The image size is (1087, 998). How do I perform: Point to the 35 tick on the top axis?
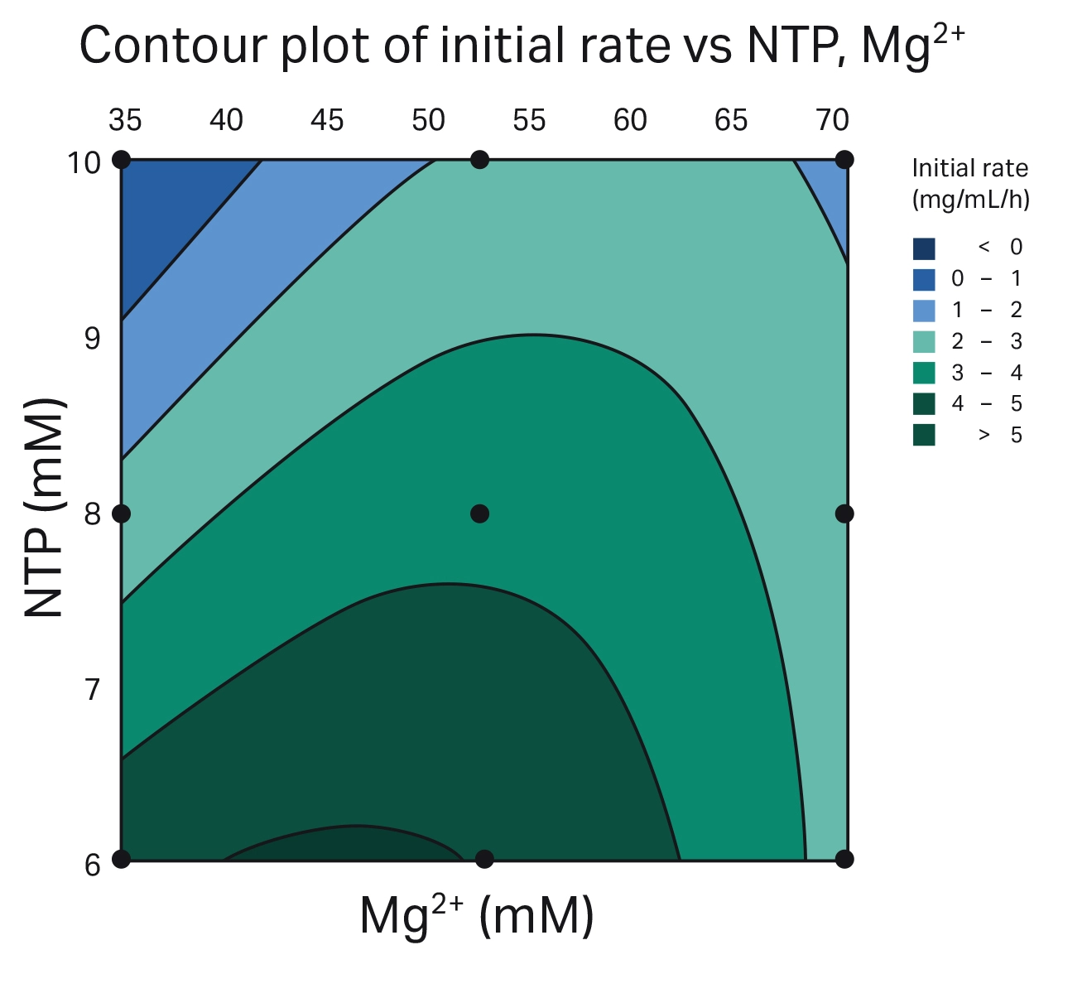[x=125, y=121]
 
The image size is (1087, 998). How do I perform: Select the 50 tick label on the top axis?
[x=428, y=121]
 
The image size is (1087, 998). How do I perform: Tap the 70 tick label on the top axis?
[x=832, y=121]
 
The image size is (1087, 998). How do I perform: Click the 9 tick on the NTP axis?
[x=92, y=339]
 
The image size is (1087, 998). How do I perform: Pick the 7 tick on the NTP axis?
[x=92, y=689]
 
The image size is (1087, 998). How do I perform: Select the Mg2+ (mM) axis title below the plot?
[x=477, y=917]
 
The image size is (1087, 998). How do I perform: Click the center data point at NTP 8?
[x=479, y=513]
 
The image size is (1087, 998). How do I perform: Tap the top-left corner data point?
[x=121, y=160]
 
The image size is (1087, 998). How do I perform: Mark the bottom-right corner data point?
[x=844, y=859]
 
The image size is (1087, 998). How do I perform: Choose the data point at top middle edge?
[x=479, y=160]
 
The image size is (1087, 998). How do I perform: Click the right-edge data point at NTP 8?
[x=844, y=513]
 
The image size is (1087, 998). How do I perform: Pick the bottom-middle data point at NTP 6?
[x=484, y=859]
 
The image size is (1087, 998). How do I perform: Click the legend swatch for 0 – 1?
[x=924, y=279]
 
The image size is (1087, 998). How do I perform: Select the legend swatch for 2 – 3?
[x=924, y=341]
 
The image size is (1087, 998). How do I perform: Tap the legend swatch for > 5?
[x=924, y=435]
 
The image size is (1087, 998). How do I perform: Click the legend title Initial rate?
[x=969, y=169]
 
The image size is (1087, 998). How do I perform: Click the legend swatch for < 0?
[x=924, y=248]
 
